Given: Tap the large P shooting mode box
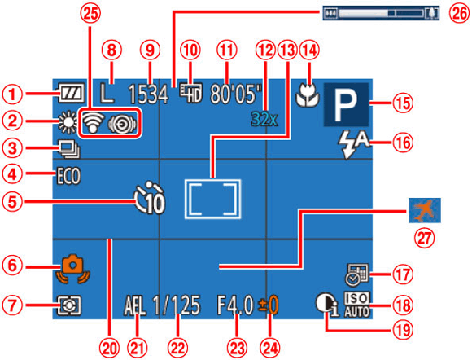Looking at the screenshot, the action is tap(346, 104).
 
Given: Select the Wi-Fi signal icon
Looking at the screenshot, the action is tap(93, 123).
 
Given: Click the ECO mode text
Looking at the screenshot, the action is tap(69, 176).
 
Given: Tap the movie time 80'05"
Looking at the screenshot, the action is tap(236, 94).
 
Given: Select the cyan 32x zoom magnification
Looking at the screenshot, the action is tap(264, 119).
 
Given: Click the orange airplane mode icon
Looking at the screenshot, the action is tap(425, 210).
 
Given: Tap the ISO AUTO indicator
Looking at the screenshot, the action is tap(357, 305).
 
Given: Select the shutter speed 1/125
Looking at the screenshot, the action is tap(177, 305).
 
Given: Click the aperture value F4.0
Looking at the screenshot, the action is tap(235, 305).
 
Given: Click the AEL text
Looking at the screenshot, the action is tap(135, 305).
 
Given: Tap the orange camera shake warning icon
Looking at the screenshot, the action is tap(74, 270).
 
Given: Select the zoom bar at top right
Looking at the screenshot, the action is tap(381, 13).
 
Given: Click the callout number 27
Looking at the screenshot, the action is tap(424, 238).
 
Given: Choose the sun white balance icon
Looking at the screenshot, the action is tap(68, 121).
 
